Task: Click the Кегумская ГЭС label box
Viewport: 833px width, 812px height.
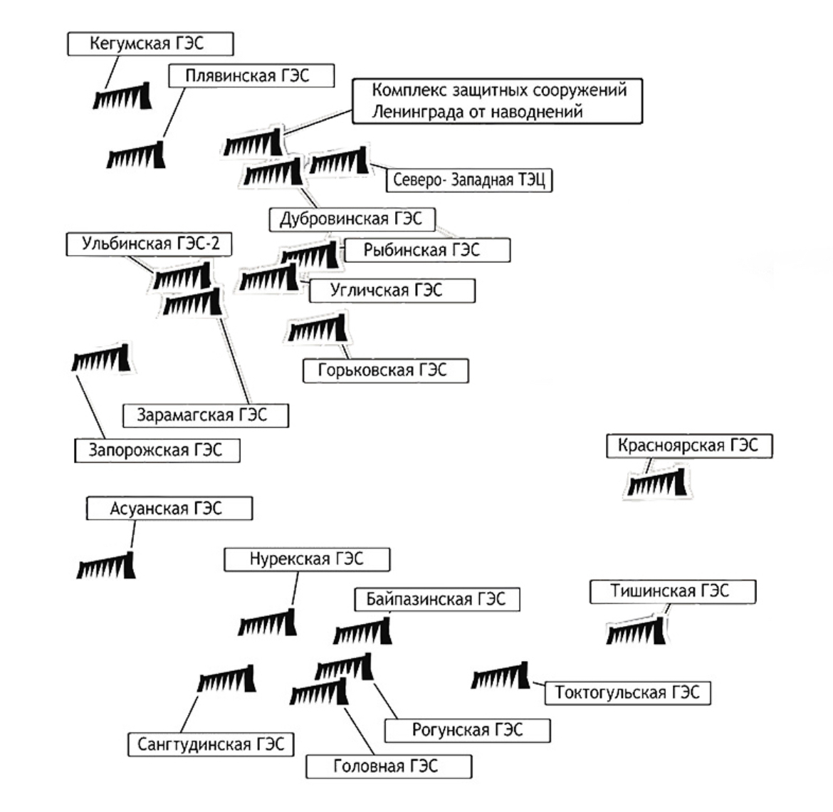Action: [x=150, y=43]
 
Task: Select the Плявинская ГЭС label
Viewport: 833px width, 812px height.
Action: [x=251, y=76]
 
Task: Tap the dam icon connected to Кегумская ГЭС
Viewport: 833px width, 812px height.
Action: [x=122, y=96]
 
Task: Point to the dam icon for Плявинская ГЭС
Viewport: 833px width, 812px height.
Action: [x=136, y=155]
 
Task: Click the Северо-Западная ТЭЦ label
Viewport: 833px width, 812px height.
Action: [x=469, y=180]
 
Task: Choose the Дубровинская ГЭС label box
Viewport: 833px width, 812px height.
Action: [x=352, y=219]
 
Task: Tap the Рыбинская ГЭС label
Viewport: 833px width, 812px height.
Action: [x=427, y=250]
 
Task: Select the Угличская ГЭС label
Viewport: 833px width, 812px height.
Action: [x=392, y=291]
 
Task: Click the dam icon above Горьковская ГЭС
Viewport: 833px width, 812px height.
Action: [x=317, y=328]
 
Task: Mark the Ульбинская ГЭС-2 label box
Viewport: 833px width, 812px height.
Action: [x=149, y=244]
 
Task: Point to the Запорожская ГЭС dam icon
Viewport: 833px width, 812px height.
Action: [x=101, y=358]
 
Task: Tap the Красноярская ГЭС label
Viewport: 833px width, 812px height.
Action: [x=690, y=445]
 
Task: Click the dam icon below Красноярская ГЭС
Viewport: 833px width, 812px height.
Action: [x=657, y=482]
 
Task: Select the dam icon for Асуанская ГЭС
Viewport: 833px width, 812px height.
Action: [x=106, y=566]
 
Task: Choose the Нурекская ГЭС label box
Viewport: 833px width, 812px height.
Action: [x=307, y=560]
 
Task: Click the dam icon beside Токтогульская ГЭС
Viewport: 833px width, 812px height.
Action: [x=501, y=675]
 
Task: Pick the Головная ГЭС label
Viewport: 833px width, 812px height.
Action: [x=389, y=766]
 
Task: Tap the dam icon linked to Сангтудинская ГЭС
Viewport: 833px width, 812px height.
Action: [x=226, y=679]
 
